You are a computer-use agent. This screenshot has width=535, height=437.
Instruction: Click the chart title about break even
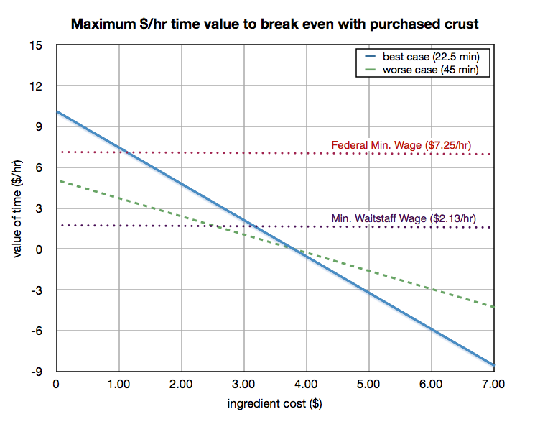coord(274,24)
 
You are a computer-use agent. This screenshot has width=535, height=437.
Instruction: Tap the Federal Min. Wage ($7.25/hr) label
coord(401,145)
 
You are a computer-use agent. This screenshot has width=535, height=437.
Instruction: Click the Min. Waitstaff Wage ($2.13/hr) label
coord(404,218)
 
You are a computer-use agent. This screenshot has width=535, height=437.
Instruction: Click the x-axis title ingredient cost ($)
coord(275,404)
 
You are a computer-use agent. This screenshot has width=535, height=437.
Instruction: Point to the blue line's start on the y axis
coord(57,111)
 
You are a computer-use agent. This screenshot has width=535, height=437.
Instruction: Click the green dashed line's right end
coord(494,307)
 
